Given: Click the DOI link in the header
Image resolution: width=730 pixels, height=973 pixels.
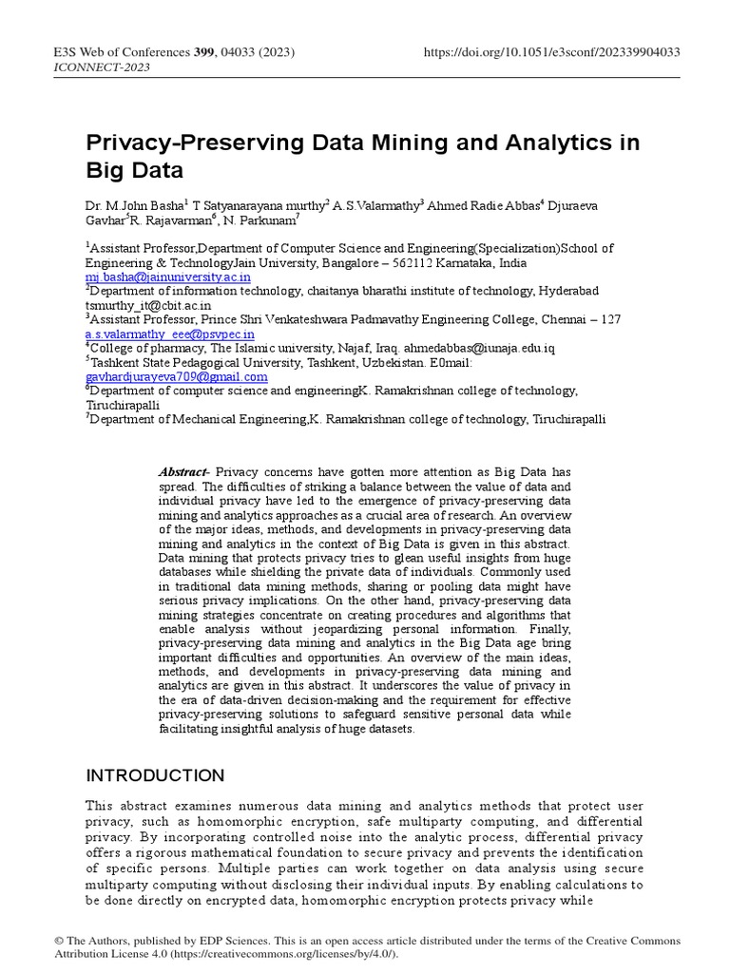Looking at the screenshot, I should point(551,52).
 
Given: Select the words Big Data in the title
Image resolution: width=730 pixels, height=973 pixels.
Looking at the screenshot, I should point(134,172).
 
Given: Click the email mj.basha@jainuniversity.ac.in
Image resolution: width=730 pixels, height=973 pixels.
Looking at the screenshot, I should point(168,277).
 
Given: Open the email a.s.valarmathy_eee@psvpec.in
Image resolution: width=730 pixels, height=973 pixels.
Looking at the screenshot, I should point(170,334).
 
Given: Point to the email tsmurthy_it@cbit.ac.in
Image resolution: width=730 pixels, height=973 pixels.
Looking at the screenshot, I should point(148,306).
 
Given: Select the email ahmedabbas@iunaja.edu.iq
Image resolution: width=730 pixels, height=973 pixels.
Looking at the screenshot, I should point(482,349).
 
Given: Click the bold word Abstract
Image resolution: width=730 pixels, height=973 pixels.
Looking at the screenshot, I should point(182,472).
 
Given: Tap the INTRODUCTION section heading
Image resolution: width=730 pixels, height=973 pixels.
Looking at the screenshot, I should point(156,775).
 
